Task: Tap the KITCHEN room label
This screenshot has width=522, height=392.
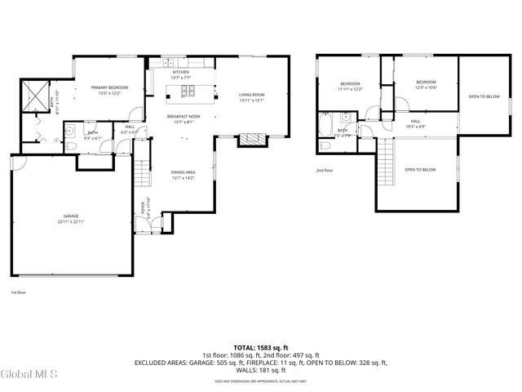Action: (x=180, y=72)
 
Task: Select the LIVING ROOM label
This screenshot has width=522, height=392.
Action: (x=252, y=96)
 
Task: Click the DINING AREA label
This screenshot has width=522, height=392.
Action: (x=183, y=172)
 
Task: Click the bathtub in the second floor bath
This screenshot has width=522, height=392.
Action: (x=325, y=127)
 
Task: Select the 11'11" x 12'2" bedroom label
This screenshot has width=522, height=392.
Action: (x=350, y=86)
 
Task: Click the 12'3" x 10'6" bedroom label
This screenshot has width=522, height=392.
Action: (x=425, y=84)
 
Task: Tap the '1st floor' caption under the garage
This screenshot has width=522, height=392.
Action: (x=18, y=292)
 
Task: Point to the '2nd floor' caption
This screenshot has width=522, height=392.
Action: (x=325, y=171)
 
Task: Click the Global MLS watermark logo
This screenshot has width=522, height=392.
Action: (x=29, y=374)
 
